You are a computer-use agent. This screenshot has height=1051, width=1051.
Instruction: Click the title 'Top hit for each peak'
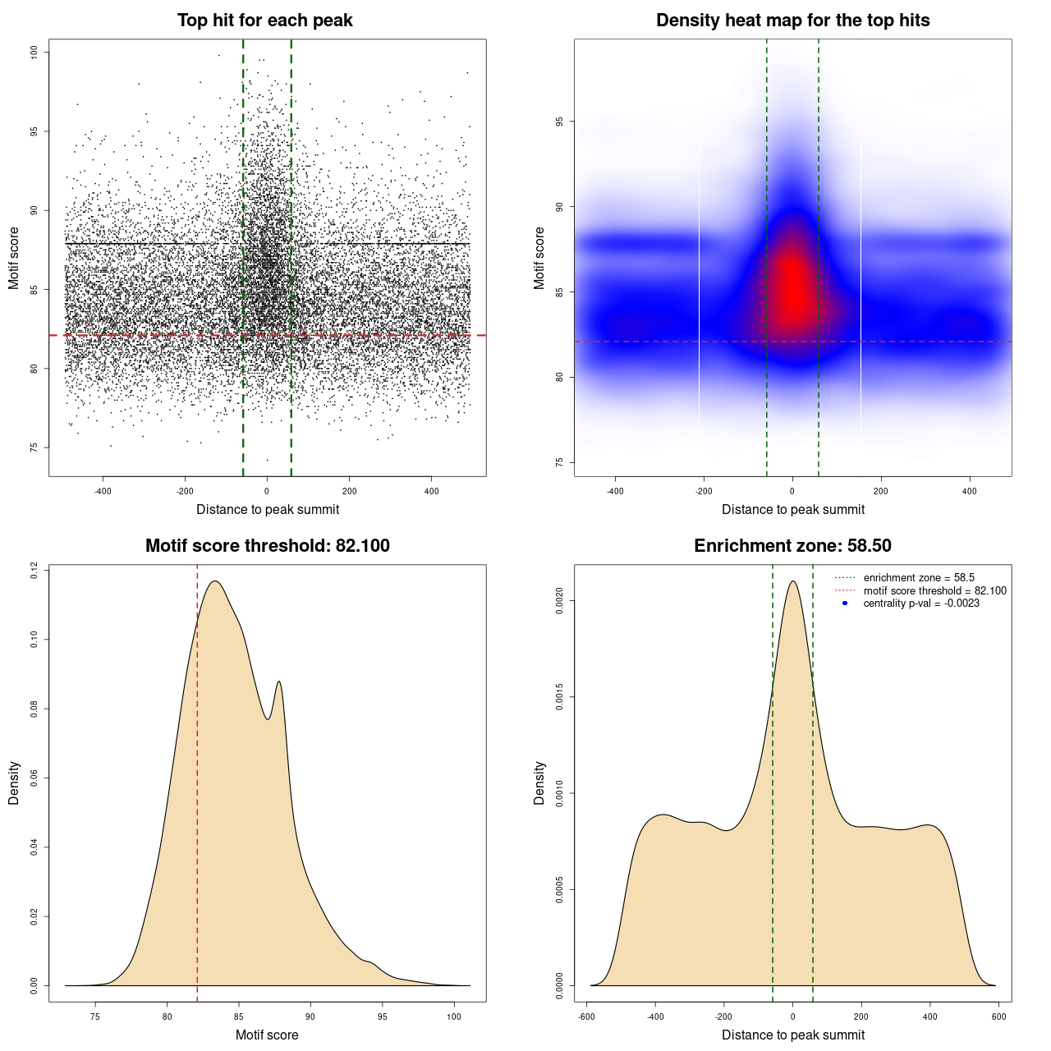(264, 21)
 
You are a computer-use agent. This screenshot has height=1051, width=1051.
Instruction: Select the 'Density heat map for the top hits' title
(792, 21)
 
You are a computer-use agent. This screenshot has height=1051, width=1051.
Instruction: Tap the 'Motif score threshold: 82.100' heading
(267, 546)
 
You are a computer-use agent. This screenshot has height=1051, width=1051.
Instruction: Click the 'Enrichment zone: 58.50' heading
(792, 546)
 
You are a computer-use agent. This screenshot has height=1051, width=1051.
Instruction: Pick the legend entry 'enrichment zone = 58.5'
(919, 578)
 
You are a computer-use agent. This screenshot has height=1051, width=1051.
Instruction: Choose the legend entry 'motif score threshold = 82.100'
(934, 591)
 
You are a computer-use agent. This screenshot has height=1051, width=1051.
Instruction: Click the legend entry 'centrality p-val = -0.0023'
(921, 604)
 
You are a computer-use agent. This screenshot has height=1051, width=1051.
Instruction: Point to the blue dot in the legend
(845, 604)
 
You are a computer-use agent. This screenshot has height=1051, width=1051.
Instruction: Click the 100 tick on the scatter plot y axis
(34, 52)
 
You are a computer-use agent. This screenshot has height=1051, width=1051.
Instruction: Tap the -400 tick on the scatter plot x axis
(103, 491)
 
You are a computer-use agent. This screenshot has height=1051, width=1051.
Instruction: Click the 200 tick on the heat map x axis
(881, 491)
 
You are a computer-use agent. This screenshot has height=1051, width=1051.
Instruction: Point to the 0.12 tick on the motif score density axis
(34, 570)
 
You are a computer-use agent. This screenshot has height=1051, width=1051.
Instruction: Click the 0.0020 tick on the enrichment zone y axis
(560, 601)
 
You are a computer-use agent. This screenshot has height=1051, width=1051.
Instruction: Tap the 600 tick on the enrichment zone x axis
(998, 1017)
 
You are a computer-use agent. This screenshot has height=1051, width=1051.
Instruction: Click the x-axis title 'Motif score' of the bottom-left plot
(267, 1035)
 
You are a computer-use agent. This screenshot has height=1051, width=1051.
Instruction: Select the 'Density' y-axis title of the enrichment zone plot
(539, 783)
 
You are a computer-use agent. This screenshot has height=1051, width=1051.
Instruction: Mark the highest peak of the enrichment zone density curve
(792, 581)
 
